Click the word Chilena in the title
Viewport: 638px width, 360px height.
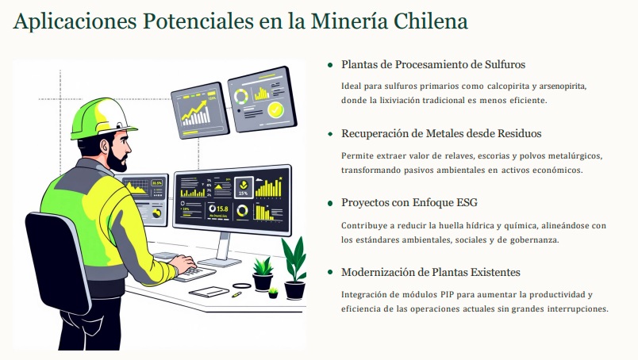(x=431, y=21)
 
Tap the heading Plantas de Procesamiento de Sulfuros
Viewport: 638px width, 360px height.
(x=433, y=65)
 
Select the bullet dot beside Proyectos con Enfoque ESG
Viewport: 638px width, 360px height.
(x=330, y=203)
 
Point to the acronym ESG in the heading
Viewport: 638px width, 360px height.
(x=467, y=202)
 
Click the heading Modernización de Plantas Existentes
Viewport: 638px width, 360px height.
(x=430, y=272)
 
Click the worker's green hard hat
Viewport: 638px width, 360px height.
(x=102, y=118)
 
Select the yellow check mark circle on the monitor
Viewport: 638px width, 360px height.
(x=275, y=110)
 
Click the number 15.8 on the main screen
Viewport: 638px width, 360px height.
(x=222, y=209)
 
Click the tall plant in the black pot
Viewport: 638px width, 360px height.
(x=294, y=266)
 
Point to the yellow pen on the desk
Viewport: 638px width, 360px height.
(x=236, y=294)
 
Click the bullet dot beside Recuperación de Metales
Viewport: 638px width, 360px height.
(x=330, y=134)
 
